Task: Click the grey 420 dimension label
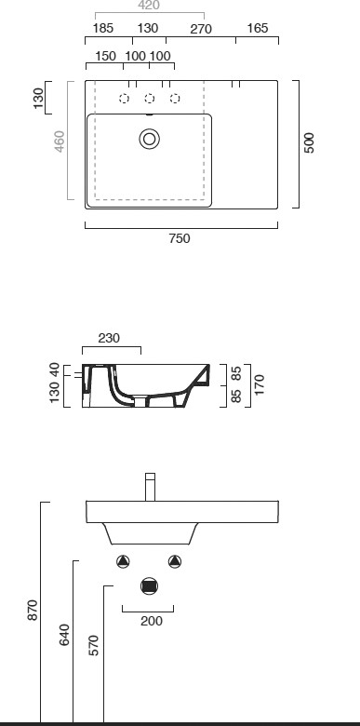[x=149, y=5]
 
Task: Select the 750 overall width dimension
[x=180, y=238]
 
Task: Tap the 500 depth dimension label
[x=309, y=142]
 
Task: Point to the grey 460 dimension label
[x=60, y=141]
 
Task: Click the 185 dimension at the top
[x=102, y=28]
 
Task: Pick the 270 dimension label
[x=201, y=29]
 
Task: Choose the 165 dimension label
[x=258, y=28]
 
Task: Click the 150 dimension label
[x=105, y=56]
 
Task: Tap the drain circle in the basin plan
[x=150, y=139]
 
